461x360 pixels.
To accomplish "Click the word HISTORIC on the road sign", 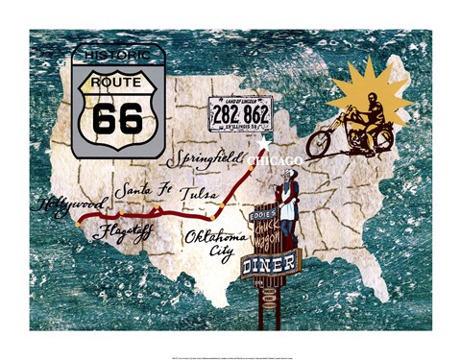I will click(117, 58).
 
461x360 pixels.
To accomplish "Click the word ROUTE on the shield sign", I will click(117, 83).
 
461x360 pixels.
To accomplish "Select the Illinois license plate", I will click(240, 113).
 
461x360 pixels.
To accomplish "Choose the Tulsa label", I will click(198, 190).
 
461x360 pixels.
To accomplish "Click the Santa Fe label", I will click(142, 190).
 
